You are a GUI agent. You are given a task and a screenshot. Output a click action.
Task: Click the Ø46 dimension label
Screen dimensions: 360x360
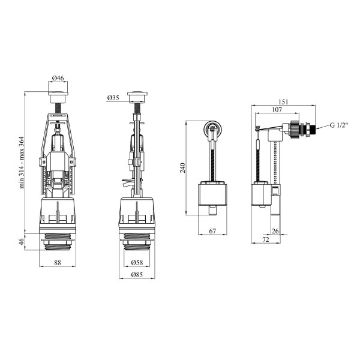pyautogui.click(x=58, y=78)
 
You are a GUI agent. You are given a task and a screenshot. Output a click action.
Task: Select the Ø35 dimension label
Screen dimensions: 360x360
pyautogui.click(x=113, y=98)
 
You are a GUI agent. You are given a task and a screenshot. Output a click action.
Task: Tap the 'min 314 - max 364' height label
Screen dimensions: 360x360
pyautogui.click(x=22, y=163)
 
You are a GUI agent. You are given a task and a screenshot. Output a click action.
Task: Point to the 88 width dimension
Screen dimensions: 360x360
pyautogui.click(x=58, y=262)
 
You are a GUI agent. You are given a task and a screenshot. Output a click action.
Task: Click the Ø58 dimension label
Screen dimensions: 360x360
pyautogui.click(x=137, y=262)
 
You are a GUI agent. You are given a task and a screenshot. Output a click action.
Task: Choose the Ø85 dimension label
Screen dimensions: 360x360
pyautogui.click(x=137, y=275)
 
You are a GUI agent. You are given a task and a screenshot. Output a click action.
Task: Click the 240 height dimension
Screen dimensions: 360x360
pyautogui.click(x=183, y=168)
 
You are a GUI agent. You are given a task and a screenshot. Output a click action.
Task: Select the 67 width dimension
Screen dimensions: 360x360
pyautogui.click(x=212, y=231)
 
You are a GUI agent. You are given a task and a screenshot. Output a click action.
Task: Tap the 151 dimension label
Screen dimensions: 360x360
pyautogui.click(x=283, y=102)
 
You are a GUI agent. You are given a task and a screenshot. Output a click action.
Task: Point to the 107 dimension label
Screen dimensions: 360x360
pyautogui.click(x=277, y=110)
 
